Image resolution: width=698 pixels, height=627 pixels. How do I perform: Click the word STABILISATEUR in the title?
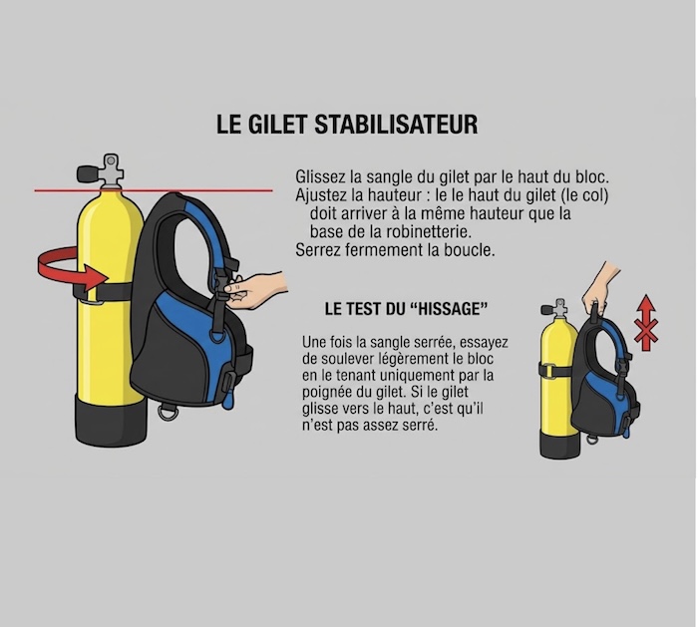tap(396, 125)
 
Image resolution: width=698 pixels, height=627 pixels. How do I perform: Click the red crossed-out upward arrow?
tap(646, 323)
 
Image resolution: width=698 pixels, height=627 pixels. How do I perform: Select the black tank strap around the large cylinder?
tap(104, 293)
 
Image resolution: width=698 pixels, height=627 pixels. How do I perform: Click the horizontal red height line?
tap(154, 191)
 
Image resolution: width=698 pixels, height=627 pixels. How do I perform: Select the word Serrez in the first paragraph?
tap(317, 250)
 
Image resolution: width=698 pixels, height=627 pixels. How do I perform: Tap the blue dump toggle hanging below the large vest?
tap(227, 400)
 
